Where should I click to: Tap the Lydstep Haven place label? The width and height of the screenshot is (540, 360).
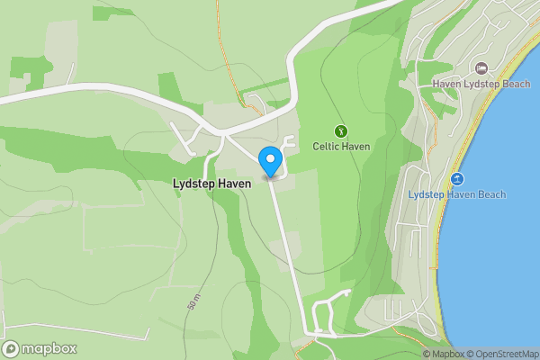[x=211, y=183]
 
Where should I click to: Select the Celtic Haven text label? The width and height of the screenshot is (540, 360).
[x=341, y=146]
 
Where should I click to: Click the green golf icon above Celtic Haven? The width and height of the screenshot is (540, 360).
[x=341, y=130]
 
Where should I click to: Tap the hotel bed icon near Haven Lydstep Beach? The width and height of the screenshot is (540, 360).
[x=481, y=68]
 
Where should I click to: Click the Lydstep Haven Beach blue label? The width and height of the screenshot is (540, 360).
[x=456, y=194]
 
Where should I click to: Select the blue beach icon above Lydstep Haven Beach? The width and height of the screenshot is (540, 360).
[x=457, y=179]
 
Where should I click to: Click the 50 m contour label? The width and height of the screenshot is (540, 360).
[x=194, y=301]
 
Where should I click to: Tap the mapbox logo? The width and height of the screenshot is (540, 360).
[x=40, y=349]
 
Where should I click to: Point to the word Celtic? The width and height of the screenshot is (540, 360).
[x=326, y=146]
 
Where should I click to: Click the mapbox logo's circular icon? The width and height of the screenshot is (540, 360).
[x=12, y=349]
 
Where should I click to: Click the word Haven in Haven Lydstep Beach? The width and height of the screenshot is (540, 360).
[x=446, y=84]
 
